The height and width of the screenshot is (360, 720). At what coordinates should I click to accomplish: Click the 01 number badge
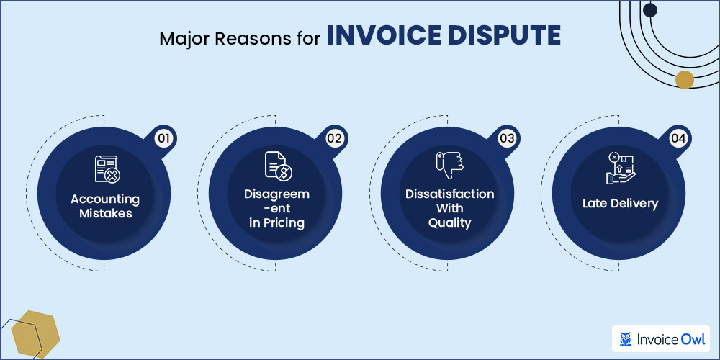[163, 138]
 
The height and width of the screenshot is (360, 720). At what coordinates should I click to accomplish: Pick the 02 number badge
[333, 138]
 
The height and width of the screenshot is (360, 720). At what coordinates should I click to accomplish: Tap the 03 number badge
[507, 138]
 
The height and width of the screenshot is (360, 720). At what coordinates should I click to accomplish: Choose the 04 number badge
[678, 138]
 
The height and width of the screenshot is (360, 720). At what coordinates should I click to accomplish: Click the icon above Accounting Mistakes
[106, 168]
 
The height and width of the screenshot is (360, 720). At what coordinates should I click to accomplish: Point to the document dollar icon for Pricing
[276, 168]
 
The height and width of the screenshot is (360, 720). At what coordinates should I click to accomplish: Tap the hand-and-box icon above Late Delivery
[619, 168]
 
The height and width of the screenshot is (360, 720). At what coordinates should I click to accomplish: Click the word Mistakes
[106, 213]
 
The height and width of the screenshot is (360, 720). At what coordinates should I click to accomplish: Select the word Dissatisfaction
[449, 194]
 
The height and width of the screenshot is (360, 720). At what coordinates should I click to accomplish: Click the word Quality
[449, 223]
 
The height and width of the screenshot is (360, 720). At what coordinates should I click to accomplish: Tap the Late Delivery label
[620, 204]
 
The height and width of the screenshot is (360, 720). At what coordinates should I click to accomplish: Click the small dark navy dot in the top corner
[650, 10]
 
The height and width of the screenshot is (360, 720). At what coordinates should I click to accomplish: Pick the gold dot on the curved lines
[685, 79]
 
